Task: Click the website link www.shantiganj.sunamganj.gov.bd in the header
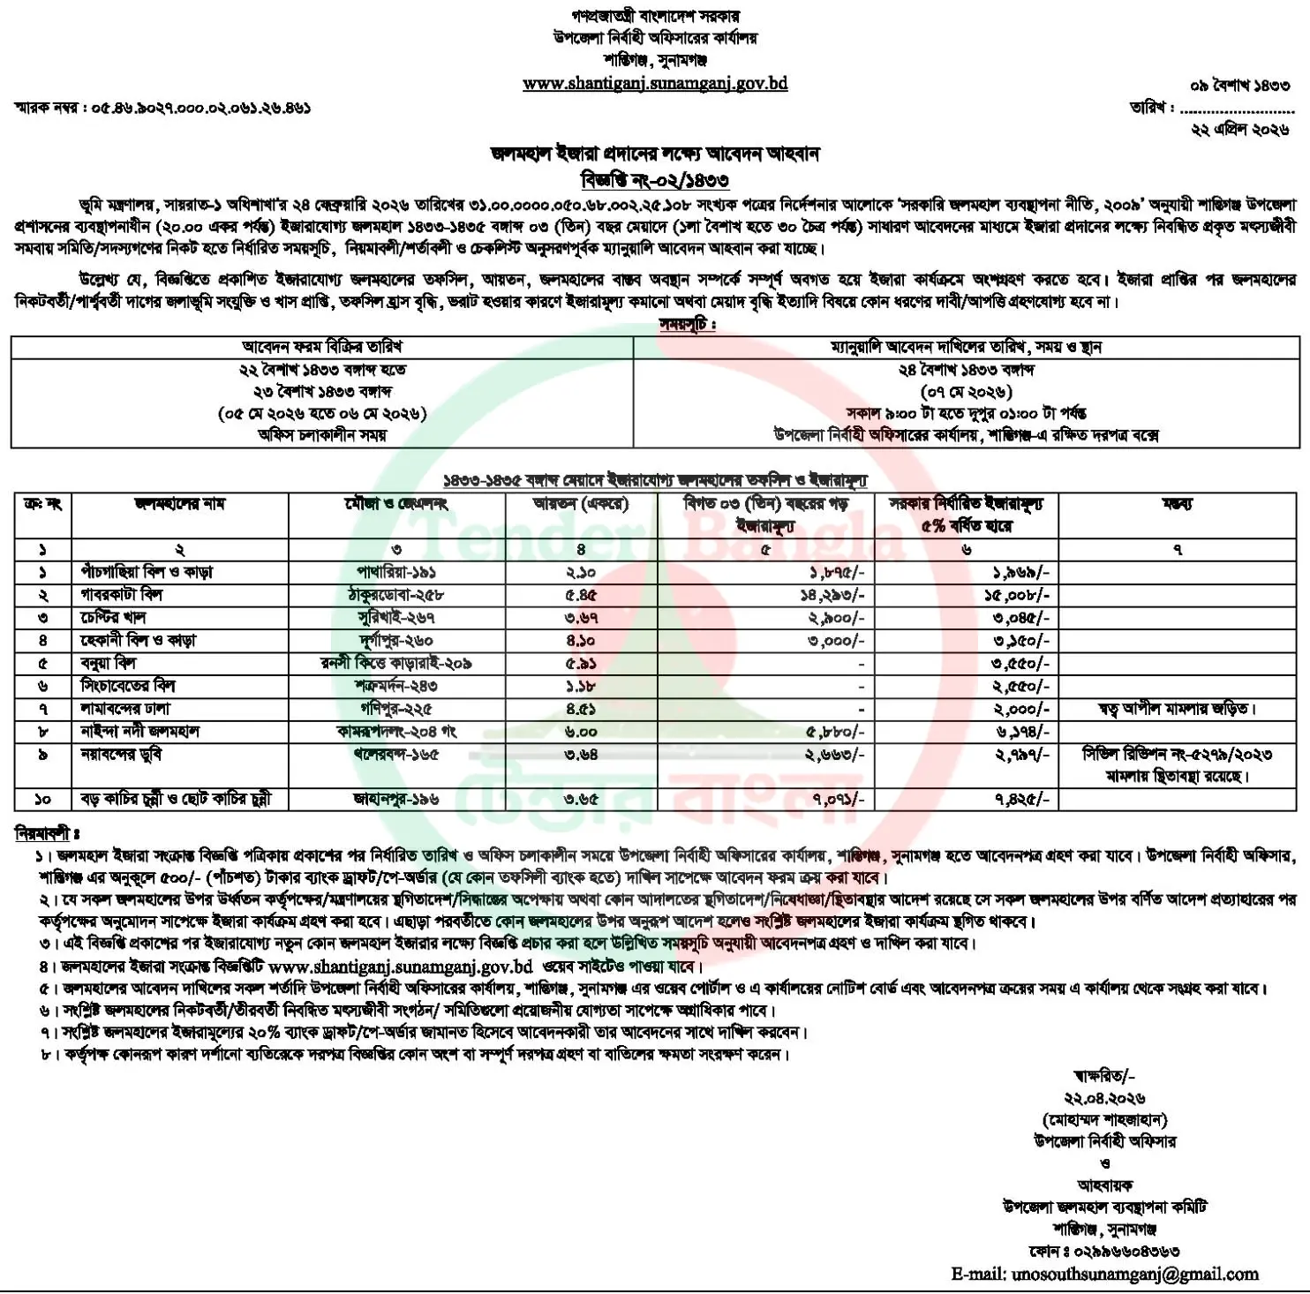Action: click(654, 84)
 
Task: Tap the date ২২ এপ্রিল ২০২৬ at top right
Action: click(1239, 129)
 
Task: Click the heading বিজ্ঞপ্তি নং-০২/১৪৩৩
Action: click(654, 180)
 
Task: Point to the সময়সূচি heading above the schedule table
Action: click(688, 324)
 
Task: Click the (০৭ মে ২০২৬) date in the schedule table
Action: click(967, 391)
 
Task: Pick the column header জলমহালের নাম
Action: click(179, 504)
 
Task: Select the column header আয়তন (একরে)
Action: click(581, 504)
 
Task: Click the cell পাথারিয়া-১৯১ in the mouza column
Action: click(396, 572)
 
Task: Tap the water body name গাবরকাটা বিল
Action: click(122, 595)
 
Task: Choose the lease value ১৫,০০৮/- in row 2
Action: click(1016, 595)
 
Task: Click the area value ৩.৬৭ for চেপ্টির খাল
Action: click(582, 618)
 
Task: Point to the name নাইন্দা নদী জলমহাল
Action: click(140, 731)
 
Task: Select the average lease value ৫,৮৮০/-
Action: click(834, 732)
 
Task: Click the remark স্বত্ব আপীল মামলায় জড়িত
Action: click(1176, 708)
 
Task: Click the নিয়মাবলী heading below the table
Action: click(47, 833)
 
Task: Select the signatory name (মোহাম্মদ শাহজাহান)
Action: click(1104, 1119)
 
